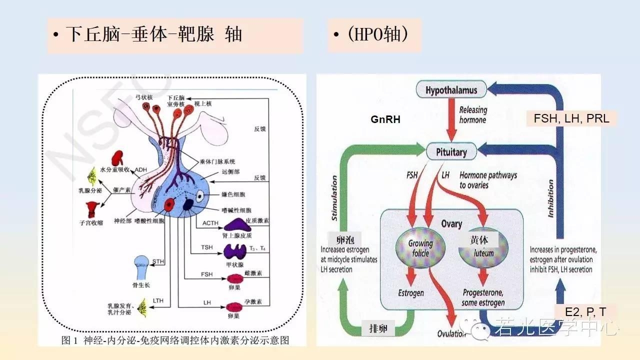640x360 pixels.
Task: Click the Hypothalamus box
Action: tap(451, 90)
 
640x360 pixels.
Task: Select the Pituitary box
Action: tap(451, 152)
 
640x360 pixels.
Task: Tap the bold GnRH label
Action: tap(385, 120)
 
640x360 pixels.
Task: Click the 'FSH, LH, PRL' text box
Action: tap(571, 119)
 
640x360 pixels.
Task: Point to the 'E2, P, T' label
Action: tap(585, 312)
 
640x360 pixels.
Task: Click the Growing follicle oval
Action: tap(420, 248)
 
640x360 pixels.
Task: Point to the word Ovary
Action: tap(451, 224)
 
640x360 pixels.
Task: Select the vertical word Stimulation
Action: tap(334, 198)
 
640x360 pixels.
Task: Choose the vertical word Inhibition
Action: tap(550, 198)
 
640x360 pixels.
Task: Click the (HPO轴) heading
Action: tap(374, 34)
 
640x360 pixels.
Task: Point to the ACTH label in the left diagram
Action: tap(210, 222)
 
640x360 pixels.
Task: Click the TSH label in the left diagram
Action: tap(206, 247)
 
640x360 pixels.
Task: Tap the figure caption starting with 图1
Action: tap(175, 340)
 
